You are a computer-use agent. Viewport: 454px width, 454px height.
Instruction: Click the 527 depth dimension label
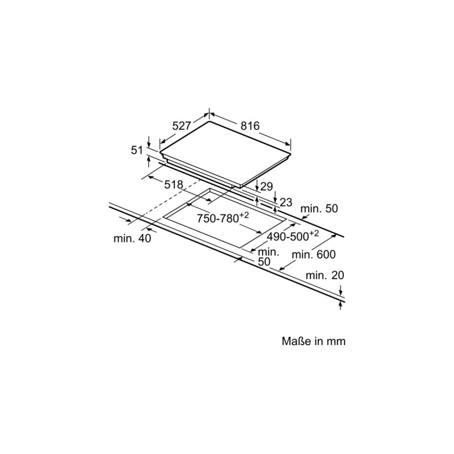(182, 126)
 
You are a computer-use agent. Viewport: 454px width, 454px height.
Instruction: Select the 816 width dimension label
(250, 126)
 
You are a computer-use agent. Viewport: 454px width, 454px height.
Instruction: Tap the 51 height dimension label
(137, 150)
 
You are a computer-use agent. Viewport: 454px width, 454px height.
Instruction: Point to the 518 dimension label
(174, 185)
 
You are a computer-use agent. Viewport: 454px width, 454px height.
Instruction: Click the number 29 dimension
(266, 187)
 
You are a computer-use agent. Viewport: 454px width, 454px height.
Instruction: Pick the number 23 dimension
(286, 203)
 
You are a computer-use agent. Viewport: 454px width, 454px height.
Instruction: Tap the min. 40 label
(132, 238)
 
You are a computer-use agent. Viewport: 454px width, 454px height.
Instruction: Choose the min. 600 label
(314, 254)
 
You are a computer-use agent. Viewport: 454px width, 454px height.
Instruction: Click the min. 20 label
(325, 275)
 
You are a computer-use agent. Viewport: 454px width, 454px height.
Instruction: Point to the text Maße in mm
(314, 341)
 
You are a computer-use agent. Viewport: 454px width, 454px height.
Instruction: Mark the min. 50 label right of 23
(319, 208)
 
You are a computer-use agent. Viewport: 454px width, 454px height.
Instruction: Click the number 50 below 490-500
(264, 262)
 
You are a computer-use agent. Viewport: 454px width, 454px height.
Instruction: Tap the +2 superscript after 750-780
(244, 215)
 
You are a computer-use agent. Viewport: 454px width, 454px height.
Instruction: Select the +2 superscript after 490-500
(314, 233)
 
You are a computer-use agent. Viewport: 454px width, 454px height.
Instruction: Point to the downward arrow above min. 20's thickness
(341, 290)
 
